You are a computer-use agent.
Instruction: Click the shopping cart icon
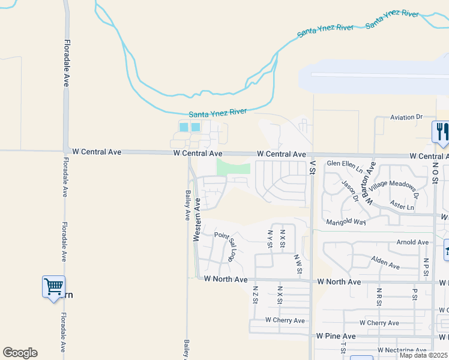[53, 286]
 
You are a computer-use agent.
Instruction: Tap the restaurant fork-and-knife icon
[441, 133]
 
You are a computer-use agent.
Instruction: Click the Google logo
[20, 353]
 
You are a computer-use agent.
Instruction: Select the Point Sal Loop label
[225, 245]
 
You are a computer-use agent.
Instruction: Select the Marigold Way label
[346, 222]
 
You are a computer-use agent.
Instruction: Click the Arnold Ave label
[413, 242]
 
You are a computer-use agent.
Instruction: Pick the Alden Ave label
[385, 262]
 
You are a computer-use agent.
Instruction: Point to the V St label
[312, 167]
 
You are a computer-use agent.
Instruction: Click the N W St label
[298, 263]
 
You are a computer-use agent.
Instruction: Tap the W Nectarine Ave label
[402, 350]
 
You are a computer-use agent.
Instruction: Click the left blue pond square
[184, 127]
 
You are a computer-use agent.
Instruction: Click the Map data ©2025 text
[423, 355]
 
